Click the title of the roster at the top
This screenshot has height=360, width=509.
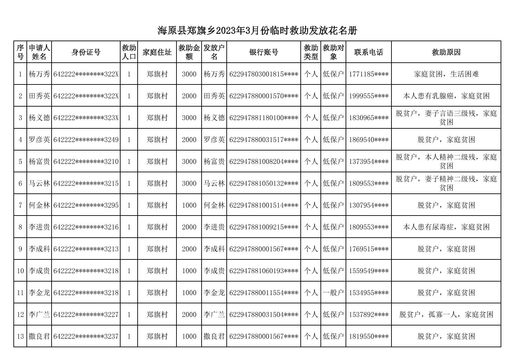click(x=257, y=31)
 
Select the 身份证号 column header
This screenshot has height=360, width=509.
click(x=86, y=52)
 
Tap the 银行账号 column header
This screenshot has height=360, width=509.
click(x=264, y=52)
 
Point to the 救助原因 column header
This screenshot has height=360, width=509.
click(x=446, y=52)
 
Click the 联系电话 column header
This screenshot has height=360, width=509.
click(x=368, y=52)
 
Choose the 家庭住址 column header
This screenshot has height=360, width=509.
click(x=157, y=52)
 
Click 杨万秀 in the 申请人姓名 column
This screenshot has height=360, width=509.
click(x=39, y=74)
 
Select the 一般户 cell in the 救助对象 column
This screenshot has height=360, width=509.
click(x=333, y=293)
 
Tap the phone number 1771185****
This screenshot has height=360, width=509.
click(x=368, y=74)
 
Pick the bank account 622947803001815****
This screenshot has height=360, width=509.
click(x=264, y=74)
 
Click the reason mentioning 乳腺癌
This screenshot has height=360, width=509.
click(x=446, y=96)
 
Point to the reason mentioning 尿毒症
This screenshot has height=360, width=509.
click(x=446, y=227)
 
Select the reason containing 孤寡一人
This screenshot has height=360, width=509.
click(x=446, y=315)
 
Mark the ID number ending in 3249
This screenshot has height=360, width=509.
click(x=86, y=140)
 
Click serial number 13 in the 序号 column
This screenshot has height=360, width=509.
click(x=20, y=337)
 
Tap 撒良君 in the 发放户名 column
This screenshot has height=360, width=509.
click(x=214, y=337)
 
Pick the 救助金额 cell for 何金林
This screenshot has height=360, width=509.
click(x=189, y=205)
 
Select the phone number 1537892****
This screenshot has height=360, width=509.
click(x=368, y=315)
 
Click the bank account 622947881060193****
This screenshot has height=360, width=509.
click(x=264, y=271)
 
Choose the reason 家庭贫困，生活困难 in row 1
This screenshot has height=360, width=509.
click(x=446, y=74)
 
